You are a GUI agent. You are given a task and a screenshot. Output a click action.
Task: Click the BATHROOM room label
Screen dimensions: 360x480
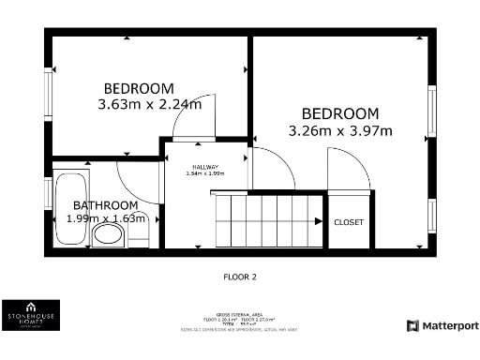105,205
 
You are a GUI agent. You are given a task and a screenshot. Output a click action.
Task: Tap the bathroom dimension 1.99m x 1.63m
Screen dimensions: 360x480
106,218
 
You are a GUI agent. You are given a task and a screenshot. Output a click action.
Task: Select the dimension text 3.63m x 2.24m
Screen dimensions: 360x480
150,104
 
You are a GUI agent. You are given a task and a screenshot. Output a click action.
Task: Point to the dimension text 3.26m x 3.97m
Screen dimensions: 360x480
340,129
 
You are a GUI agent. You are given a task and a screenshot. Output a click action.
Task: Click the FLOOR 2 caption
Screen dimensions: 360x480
240,277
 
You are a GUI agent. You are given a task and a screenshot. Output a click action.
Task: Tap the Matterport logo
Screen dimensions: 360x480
442,325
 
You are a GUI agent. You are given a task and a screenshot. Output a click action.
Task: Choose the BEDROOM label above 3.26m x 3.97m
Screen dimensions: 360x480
339,113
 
